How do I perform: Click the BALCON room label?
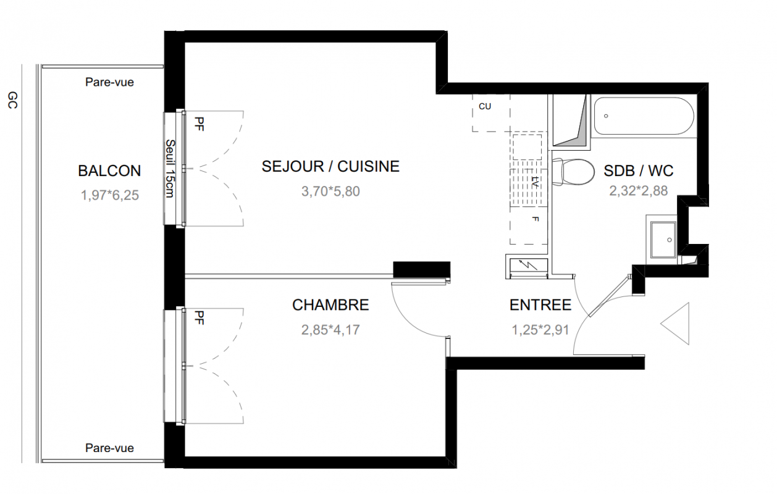(109, 170)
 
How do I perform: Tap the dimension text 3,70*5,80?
(330, 191)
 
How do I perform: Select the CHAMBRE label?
(330, 305)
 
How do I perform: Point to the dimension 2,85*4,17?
(330, 330)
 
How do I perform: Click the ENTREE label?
(540, 305)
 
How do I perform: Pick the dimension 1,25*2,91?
(540, 330)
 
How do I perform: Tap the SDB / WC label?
(638, 170)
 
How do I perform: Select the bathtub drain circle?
(606, 116)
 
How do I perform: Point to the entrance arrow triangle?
(674, 324)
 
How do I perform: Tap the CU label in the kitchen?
(485, 106)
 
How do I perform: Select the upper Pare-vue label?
(109, 82)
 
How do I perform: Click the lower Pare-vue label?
(109, 448)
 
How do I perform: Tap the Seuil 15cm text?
(170, 169)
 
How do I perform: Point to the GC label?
(12, 100)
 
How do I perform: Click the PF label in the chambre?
(199, 317)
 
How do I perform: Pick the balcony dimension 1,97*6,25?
(109, 195)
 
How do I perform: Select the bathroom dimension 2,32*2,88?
(638, 191)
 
